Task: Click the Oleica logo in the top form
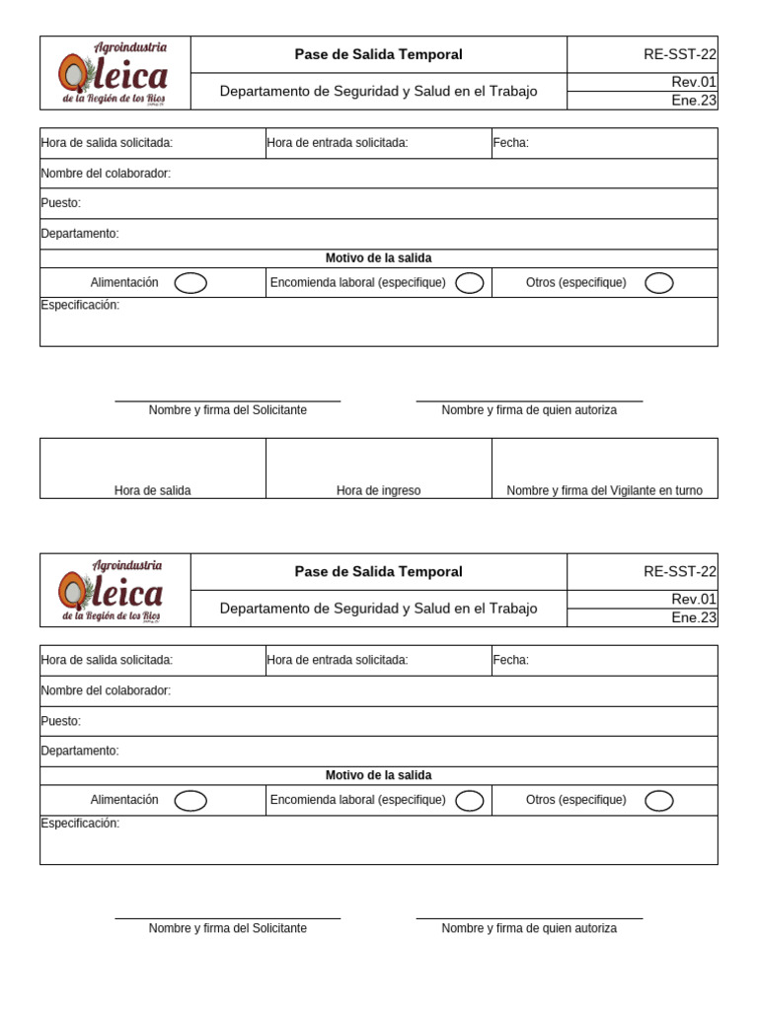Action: pyautogui.click(x=114, y=73)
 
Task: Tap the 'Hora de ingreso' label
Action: pyautogui.click(x=378, y=490)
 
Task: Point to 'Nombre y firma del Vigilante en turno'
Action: pyautogui.click(x=604, y=490)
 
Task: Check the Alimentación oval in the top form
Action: pyautogui.click(x=190, y=283)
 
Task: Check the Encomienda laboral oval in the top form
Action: pyautogui.click(x=470, y=283)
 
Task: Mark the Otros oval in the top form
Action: pyautogui.click(x=658, y=283)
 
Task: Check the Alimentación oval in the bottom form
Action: pyautogui.click(x=190, y=801)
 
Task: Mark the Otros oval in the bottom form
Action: pyautogui.click(x=658, y=801)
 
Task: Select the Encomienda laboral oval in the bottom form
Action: pyautogui.click(x=470, y=801)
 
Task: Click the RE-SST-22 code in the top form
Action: pyautogui.click(x=679, y=54)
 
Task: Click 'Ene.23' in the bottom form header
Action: pyautogui.click(x=693, y=617)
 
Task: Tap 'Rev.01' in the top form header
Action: pyautogui.click(x=693, y=82)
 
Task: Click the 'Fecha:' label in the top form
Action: pyautogui.click(x=511, y=143)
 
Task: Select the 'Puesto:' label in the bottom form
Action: pyautogui.click(x=61, y=721)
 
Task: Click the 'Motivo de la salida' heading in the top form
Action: pyautogui.click(x=378, y=258)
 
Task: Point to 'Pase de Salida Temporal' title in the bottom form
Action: pyautogui.click(x=378, y=572)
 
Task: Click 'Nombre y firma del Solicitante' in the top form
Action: pyautogui.click(x=227, y=410)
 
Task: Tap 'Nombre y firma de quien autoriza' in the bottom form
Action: pyautogui.click(x=529, y=928)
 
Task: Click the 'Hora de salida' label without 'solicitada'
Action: pyautogui.click(x=153, y=490)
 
